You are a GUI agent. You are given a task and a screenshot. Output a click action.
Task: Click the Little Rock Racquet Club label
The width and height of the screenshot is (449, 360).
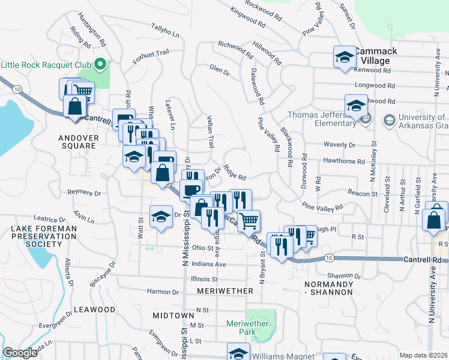coord(46,64)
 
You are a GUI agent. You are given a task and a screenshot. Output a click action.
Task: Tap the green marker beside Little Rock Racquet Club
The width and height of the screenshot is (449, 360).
coord(100,63)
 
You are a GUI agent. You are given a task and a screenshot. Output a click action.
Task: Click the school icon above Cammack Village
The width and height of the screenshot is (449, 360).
coord(345,58)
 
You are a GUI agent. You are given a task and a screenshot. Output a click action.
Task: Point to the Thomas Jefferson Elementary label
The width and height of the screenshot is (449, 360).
coord(322,119)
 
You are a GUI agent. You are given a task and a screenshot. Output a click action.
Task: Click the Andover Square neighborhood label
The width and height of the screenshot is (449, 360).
coord(78,142)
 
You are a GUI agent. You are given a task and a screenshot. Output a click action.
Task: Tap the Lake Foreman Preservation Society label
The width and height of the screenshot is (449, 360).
coord(43,236)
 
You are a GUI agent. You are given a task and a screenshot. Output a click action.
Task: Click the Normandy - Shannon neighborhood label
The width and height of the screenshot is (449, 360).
coord(328,287)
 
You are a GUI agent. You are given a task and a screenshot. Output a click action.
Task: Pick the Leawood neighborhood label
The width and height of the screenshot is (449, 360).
coord(94,310)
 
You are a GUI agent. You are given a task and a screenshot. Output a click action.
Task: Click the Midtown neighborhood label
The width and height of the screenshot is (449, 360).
coord(173,315)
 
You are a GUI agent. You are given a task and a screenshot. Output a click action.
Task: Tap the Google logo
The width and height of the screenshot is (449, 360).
coord(20,353)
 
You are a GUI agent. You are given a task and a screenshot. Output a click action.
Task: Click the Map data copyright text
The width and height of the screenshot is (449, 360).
coord(423,355)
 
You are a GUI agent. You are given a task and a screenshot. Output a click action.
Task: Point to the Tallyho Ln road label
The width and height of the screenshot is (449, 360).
coord(165,31)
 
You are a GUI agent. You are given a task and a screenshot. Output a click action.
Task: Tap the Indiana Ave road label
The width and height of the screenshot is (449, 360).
coord(209,264)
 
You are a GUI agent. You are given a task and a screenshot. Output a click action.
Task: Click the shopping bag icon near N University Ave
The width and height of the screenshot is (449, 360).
coord(434,219)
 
